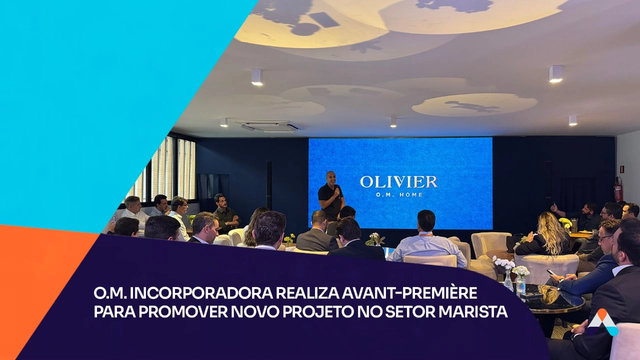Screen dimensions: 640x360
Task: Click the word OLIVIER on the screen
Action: pyautogui.click(x=398, y=182)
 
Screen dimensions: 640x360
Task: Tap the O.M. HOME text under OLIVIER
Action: pyautogui.click(x=399, y=195)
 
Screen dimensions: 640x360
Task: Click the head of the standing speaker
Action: pyautogui.click(x=331, y=178)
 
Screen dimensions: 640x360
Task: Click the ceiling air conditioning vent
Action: pyautogui.click(x=268, y=126)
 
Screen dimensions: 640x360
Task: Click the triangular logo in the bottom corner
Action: pyautogui.click(x=603, y=322)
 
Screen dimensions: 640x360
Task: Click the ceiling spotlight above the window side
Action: pyautogui.click(x=223, y=122)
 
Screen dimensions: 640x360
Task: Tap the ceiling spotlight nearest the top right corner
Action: pyautogui.click(x=555, y=73)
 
